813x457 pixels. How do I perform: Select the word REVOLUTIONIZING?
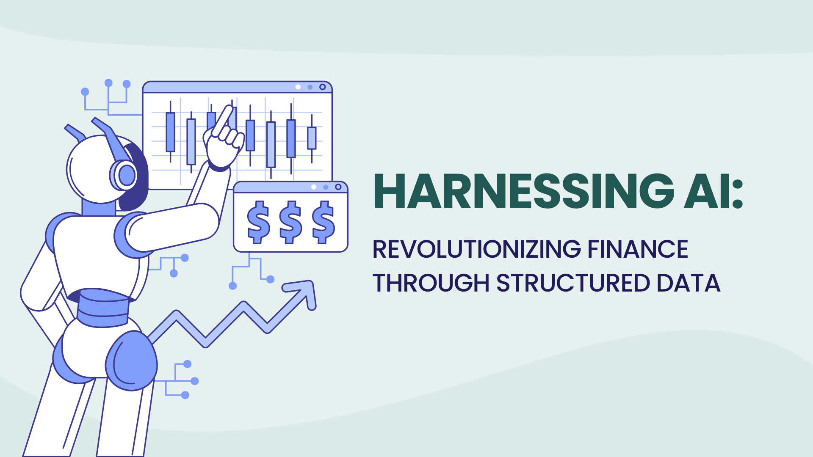pyautogui.click(x=476, y=249)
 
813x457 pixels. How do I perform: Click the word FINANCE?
pyautogui.click(x=638, y=249)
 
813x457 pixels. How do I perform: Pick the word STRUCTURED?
pyautogui.click(x=573, y=283)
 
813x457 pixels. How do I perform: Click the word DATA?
pyautogui.click(x=689, y=283)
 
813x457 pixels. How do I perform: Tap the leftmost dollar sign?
pyautogui.click(x=258, y=222)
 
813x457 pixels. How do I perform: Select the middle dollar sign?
pyautogui.click(x=291, y=222)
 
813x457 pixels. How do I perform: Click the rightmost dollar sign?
pyautogui.click(x=324, y=222)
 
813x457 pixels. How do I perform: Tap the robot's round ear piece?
pyautogui.click(x=126, y=175)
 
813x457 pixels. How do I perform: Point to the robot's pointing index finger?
pyautogui.click(x=223, y=120)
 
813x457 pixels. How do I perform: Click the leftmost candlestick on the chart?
pyautogui.click(x=170, y=132)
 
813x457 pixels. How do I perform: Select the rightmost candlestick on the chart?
pyautogui.click(x=312, y=138)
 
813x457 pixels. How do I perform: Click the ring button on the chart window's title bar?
pyautogui.click(x=323, y=87)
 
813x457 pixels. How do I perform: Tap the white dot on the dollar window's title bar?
pyautogui.click(x=314, y=187)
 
